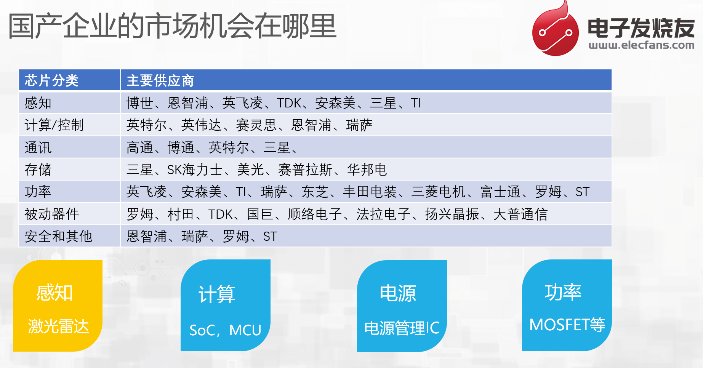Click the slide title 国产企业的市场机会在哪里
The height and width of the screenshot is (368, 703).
pos(172,26)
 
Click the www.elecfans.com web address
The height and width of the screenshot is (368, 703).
pos(641,45)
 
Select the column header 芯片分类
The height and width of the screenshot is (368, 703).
pos(51,80)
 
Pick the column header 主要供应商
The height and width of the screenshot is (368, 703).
pos(160,80)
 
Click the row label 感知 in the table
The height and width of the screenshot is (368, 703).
pos(38,103)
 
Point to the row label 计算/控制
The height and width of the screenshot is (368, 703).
pos(54,125)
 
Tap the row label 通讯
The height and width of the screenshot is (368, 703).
pos(38,147)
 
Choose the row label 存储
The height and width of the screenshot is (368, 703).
pos(38,170)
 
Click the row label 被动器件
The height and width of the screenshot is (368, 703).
pos(51,214)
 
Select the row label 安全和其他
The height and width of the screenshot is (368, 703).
pos(58,236)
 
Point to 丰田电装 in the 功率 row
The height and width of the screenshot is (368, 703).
pos(370,192)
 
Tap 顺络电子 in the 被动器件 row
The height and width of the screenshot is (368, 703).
pos(315,214)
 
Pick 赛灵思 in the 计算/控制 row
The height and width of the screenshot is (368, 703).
pos(256,125)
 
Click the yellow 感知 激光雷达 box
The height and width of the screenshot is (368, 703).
pos(58,306)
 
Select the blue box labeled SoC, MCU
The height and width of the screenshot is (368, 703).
pos(226,306)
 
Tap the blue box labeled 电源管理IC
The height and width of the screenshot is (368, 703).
pos(402,306)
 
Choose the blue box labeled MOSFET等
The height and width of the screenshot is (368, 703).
pos(567,306)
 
